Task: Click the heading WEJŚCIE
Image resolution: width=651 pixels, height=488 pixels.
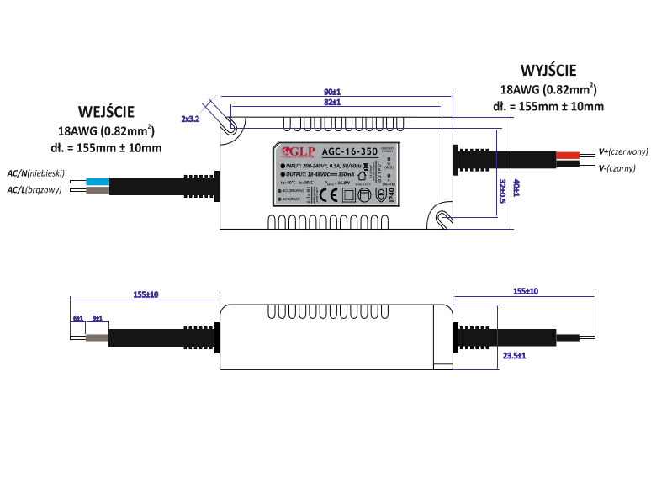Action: point(106,111)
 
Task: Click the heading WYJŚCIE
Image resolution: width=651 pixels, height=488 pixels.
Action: point(548,70)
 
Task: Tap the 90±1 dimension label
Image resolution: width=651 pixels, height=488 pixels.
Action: point(331,91)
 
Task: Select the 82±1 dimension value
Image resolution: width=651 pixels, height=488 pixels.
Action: point(331,102)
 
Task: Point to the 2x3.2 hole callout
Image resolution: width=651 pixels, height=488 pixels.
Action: point(190,119)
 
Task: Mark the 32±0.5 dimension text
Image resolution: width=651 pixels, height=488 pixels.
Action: point(501,191)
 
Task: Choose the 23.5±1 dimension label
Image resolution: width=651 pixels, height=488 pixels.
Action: point(514,356)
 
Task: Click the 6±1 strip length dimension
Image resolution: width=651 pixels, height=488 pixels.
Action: point(78,318)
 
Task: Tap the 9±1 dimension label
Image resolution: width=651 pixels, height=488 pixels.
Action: point(97,318)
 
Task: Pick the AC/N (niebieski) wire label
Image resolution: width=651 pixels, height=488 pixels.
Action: point(36,172)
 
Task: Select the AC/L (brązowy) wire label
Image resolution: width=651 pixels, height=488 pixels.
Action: point(35,190)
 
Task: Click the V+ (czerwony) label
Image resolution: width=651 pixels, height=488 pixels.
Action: point(623,152)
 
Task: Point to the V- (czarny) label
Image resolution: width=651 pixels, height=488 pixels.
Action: point(617,168)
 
